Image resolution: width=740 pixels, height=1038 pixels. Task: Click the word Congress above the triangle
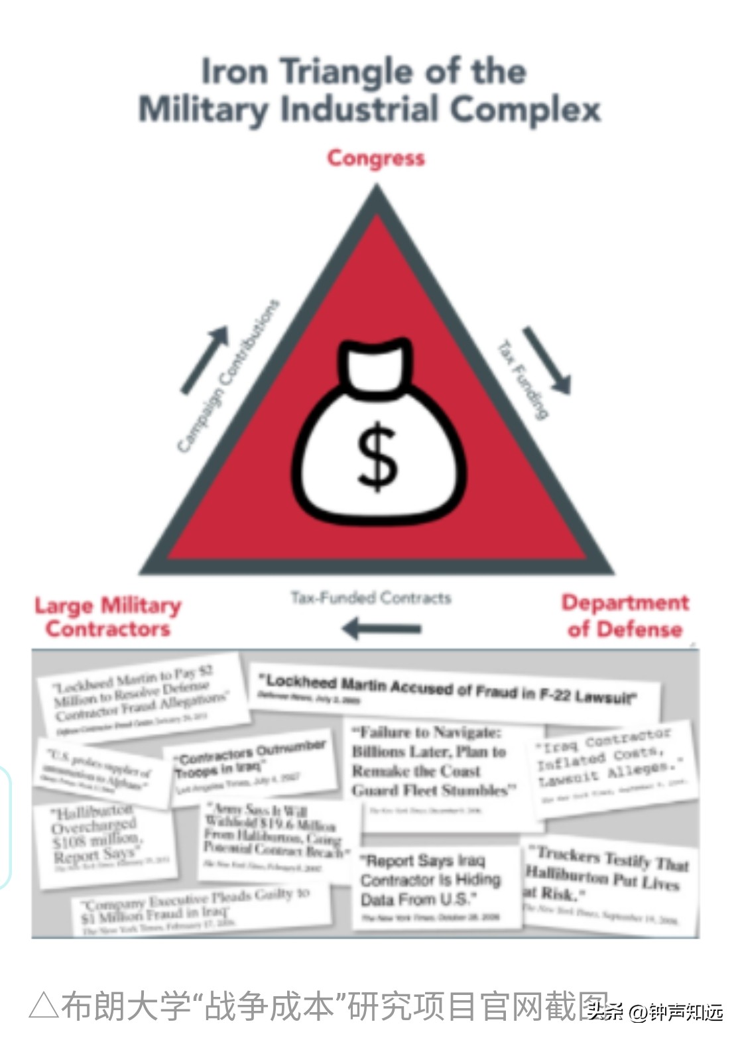click(376, 158)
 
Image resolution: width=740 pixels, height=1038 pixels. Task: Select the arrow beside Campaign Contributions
click(205, 359)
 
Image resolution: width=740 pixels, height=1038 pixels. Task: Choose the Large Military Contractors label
click(107, 617)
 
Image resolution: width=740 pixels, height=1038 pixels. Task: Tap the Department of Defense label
click(625, 616)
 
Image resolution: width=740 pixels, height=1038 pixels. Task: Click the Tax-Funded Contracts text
click(371, 598)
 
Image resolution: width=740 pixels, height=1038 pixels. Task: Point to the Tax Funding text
click(523, 379)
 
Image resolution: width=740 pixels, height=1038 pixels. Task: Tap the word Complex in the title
click(526, 109)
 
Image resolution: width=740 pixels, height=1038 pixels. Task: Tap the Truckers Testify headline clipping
click(607, 879)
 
